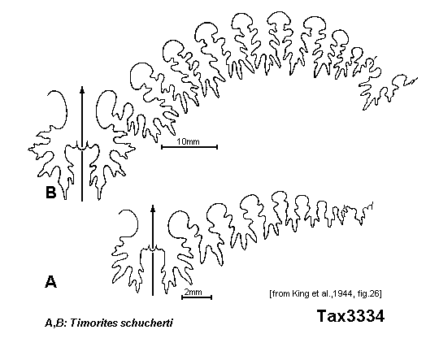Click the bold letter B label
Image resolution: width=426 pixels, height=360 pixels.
[x=50, y=193]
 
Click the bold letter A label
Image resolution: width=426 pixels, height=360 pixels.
[x=50, y=281]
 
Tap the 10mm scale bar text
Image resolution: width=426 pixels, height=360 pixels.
[x=188, y=141]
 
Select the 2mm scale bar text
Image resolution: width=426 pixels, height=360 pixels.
[x=193, y=292]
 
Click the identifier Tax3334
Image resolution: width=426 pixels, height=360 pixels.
[x=350, y=316]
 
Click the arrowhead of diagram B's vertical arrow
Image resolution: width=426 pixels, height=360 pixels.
[x=82, y=89]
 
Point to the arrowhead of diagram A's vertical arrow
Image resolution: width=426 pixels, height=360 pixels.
[x=153, y=208]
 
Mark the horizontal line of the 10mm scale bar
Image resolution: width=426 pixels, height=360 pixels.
[x=189, y=147]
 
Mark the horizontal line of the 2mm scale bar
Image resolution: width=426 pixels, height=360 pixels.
[x=197, y=297]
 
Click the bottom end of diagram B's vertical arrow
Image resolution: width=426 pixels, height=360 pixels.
[x=82, y=201]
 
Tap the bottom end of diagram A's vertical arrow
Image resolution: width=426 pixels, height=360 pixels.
[x=153, y=295]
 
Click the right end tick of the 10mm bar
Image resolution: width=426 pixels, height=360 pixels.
[x=217, y=147]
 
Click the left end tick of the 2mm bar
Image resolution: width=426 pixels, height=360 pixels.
[x=182, y=297]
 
